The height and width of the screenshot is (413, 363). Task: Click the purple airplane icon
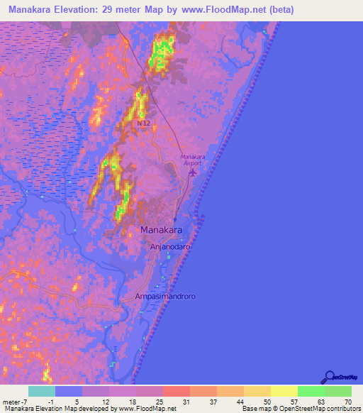194,172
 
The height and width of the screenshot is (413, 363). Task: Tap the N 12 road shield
144,123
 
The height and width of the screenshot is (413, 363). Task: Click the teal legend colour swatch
42,391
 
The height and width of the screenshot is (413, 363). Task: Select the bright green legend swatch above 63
311,391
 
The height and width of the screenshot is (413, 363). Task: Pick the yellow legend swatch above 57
284,391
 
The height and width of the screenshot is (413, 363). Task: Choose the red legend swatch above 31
177,391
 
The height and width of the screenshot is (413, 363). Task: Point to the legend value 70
347,401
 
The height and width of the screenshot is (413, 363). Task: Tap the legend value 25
163,401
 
